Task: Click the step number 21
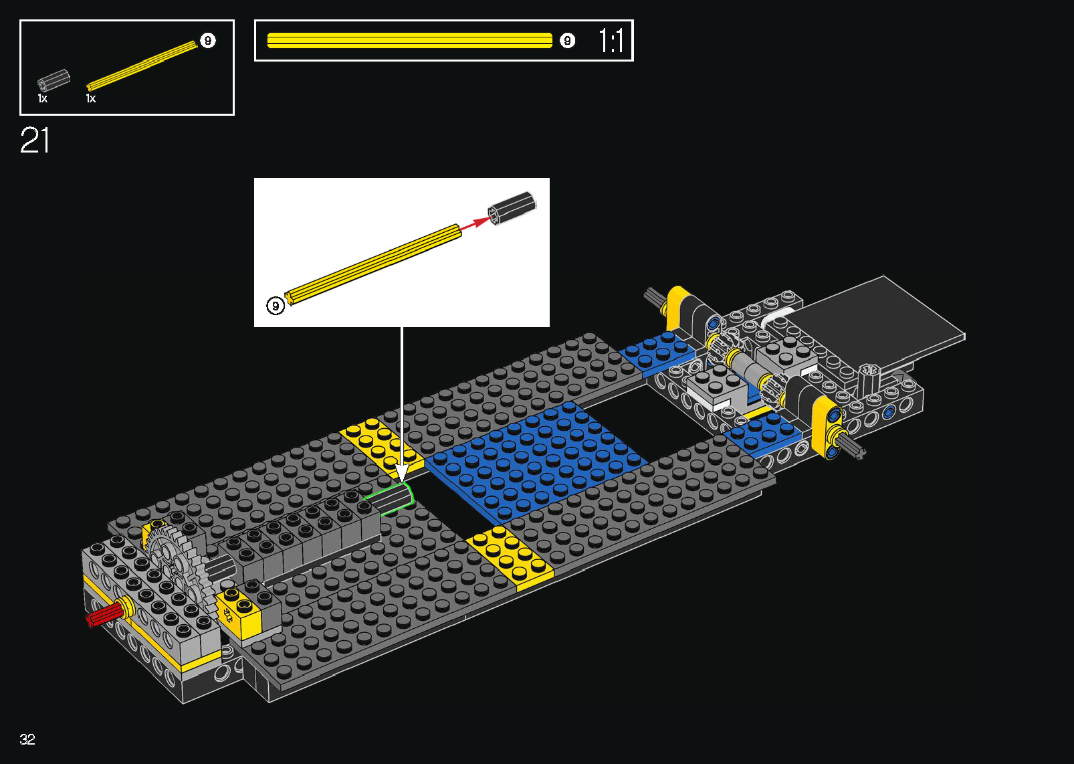pos(35,140)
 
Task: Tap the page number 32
pos(27,739)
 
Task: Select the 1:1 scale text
pos(611,40)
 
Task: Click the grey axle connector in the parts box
pos(53,80)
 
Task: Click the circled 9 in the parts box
pos(207,41)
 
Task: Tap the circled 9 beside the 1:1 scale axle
pos(567,41)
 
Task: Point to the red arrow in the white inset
pos(475,223)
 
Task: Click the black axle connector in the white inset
pos(512,208)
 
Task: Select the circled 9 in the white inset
pos(276,306)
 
